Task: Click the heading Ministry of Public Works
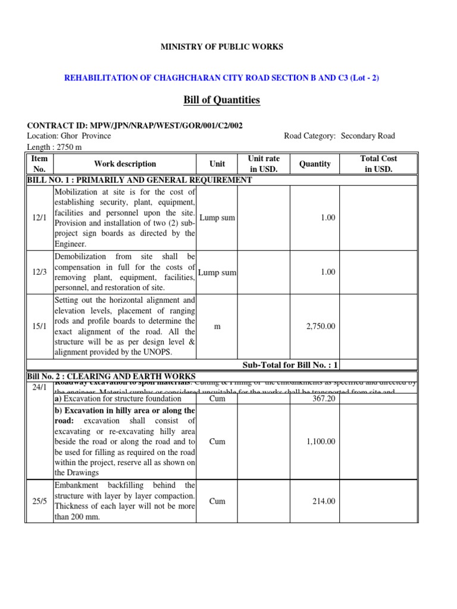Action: point(221,46)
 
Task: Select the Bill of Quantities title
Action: point(221,100)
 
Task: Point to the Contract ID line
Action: point(134,125)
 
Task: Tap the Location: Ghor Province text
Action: point(69,136)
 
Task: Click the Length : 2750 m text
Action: point(55,146)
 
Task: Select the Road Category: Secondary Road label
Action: point(339,136)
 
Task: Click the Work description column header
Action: point(125,164)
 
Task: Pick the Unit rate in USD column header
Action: point(264,164)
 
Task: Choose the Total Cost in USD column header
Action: point(378,164)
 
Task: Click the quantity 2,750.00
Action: point(320,327)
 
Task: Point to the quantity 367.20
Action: point(324,399)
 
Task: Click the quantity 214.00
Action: point(324,501)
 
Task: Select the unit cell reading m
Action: point(217,327)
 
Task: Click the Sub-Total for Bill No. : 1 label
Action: point(290,365)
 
